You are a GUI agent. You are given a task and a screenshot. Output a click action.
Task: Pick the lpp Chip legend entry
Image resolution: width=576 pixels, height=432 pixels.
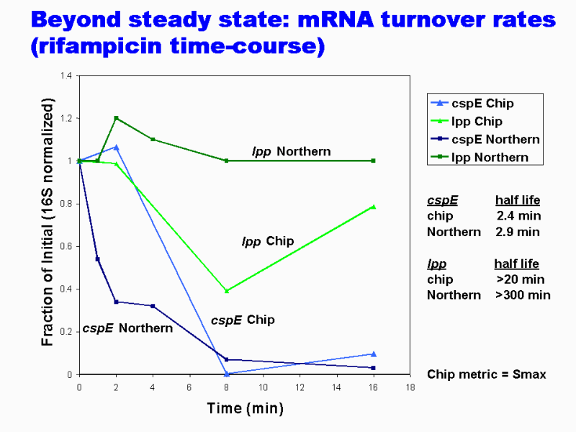477,122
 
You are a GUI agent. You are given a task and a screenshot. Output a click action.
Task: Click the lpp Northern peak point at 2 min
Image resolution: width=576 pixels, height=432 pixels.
116,118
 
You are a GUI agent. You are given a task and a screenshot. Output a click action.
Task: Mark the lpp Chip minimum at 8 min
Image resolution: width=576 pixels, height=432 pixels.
226,291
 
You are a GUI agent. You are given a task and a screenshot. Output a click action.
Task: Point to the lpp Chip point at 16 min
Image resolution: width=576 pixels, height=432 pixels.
373,207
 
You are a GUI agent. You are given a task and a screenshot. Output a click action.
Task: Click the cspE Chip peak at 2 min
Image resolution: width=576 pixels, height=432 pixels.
116,147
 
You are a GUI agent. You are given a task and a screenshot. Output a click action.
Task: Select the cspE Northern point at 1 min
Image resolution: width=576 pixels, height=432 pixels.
97,259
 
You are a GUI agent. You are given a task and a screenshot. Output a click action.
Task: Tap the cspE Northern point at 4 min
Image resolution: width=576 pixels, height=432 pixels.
153,306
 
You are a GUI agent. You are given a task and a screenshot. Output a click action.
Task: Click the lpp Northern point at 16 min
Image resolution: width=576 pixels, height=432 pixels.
373,161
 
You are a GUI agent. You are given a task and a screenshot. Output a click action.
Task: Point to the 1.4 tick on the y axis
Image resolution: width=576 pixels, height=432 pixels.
66,76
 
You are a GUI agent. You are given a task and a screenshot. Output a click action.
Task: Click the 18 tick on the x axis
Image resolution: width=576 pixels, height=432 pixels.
410,387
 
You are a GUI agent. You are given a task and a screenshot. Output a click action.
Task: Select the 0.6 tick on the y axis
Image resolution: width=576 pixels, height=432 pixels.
66,246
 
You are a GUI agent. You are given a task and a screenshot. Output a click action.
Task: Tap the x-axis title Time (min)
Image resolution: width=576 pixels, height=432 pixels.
245,409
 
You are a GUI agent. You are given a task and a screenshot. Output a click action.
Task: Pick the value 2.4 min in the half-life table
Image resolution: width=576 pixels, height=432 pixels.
518,215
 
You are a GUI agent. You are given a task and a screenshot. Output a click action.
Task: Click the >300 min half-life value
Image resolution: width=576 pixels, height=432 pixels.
523,294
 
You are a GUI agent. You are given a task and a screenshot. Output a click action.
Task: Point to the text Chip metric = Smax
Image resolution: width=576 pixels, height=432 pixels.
486,374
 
